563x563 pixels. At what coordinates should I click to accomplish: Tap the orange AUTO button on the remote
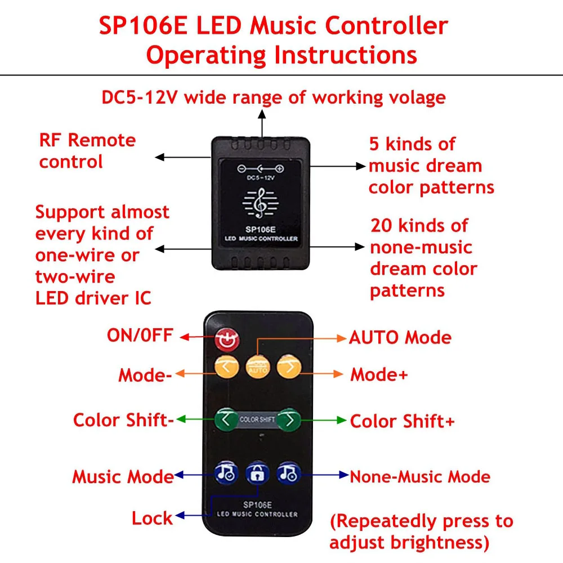pos(258,367)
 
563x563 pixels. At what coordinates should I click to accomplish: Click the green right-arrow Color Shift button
pos(289,419)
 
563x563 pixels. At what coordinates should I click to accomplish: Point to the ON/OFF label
pos(140,336)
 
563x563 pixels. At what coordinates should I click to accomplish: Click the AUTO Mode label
pos(400,337)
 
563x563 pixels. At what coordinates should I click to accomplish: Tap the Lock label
pos(152,518)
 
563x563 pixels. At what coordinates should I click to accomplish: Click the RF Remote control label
pos(87,151)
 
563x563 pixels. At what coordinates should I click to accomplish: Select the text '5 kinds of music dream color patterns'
pos(431,166)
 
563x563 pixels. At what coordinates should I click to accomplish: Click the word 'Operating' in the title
pos(205,55)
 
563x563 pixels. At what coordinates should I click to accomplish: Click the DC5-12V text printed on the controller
pos(260,178)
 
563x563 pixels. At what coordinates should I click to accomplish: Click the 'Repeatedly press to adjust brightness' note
pos(421,531)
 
